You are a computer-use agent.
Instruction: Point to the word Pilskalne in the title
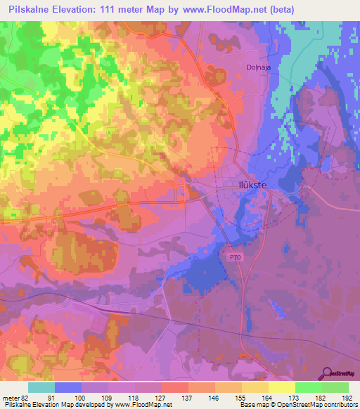(x=30, y=9)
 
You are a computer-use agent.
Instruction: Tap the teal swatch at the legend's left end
(x=41, y=387)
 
